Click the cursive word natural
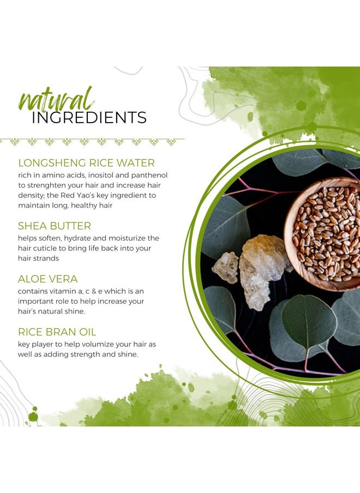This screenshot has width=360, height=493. click(57, 99)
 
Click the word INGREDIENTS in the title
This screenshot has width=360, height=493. click(89, 118)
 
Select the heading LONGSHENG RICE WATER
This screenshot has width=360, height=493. click(87, 163)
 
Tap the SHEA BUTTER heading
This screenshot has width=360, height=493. click(55, 226)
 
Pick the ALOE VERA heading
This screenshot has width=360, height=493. click(48, 279)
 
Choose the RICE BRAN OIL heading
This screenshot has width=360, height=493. click(57, 332)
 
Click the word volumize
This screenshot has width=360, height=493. click(95, 344)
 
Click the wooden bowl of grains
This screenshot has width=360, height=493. click(322, 234)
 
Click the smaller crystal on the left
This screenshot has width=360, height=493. click(225, 267)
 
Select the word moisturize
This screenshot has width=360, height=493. click(128, 238)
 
